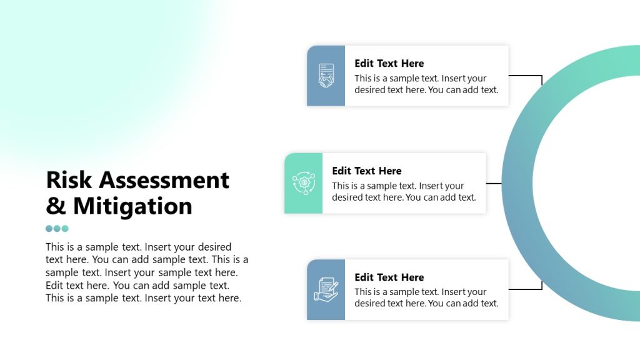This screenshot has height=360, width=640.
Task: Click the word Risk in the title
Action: coord(69,180)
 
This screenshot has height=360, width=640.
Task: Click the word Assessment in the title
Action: coord(164,180)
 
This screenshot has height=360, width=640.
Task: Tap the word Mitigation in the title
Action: coord(132,206)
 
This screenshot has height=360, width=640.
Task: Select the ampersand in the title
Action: coord(56,206)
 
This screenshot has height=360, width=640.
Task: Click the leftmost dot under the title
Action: coord(49,229)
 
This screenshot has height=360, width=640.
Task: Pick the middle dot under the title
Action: coord(57,229)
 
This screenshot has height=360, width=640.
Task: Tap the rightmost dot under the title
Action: coord(65,229)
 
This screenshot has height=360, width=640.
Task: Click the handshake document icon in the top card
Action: coord(326,76)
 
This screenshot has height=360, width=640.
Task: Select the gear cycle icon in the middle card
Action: coord(304,183)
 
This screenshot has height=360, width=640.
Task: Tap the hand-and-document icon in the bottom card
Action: coord(326,290)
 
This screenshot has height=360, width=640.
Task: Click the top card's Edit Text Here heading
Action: coord(389,64)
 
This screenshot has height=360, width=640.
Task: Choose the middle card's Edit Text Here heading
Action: coord(366,171)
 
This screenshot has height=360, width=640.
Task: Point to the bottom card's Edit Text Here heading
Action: coord(389,277)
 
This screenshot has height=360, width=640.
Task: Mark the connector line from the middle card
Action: coord(494,183)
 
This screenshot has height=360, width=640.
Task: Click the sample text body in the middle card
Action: coord(404,191)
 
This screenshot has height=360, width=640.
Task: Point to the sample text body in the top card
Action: coord(426,84)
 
